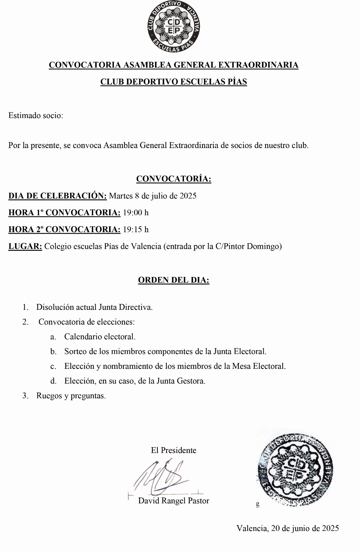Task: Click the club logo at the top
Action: tap(173, 27)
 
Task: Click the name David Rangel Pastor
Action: tap(174, 501)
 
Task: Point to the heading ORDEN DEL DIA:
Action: tap(174, 280)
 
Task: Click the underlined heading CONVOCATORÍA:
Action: tap(174, 179)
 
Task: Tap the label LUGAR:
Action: tap(25, 246)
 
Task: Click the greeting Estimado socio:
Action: tap(36, 116)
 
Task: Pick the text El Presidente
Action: tap(174, 450)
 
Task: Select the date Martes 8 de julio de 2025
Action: tap(153, 196)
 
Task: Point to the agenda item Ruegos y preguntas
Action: tap(71, 396)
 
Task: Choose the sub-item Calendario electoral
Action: tap(100, 336)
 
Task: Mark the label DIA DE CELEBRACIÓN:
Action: tap(58, 196)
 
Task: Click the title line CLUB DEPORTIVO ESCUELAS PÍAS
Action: tap(174, 82)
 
